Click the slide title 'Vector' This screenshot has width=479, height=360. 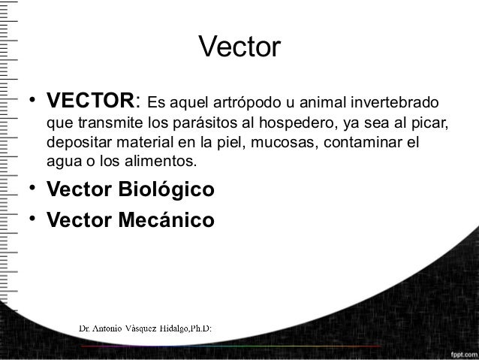(x=239, y=49)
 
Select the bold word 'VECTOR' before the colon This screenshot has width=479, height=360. (x=89, y=101)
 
